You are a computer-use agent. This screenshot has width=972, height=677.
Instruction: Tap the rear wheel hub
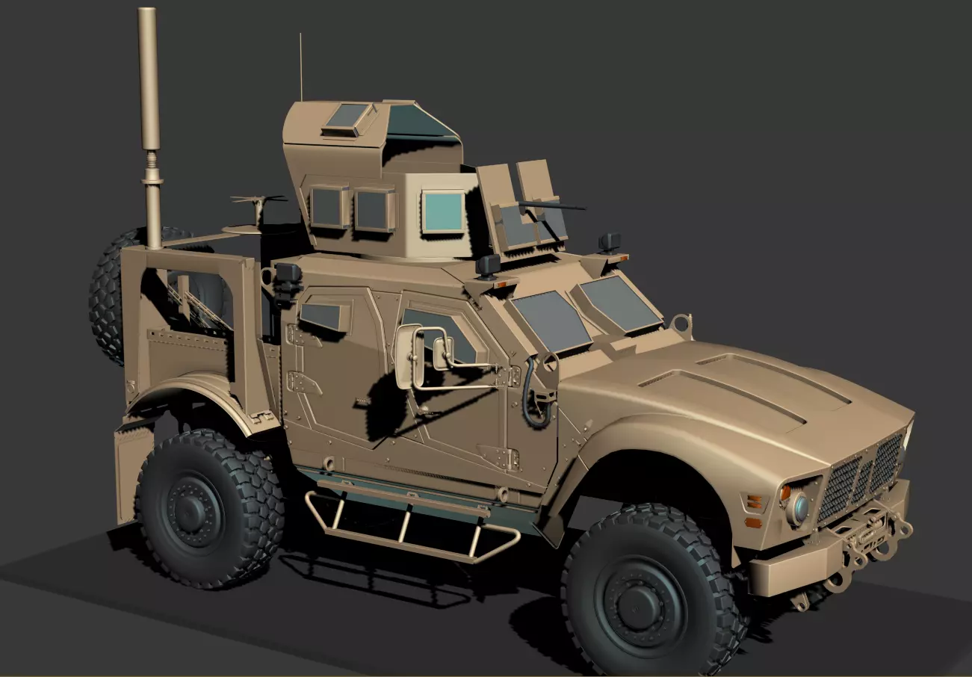[x=196, y=510]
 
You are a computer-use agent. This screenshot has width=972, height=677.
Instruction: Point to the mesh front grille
[x=859, y=478]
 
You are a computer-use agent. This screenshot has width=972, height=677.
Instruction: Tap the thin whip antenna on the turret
[x=301, y=67]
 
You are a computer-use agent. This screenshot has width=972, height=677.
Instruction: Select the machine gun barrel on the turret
[x=553, y=205]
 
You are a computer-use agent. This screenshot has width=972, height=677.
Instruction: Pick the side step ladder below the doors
[x=411, y=519]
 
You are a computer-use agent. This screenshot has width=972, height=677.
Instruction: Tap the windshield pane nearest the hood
[x=619, y=303]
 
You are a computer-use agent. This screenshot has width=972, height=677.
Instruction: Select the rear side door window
[x=323, y=316]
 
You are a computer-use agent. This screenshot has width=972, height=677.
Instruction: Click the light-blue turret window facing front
[x=443, y=211]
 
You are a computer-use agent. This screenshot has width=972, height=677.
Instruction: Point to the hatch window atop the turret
[x=348, y=116]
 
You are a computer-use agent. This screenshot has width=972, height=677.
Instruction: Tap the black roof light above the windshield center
[x=489, y=265]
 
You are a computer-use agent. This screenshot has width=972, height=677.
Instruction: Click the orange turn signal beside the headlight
[x=784, y=493]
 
